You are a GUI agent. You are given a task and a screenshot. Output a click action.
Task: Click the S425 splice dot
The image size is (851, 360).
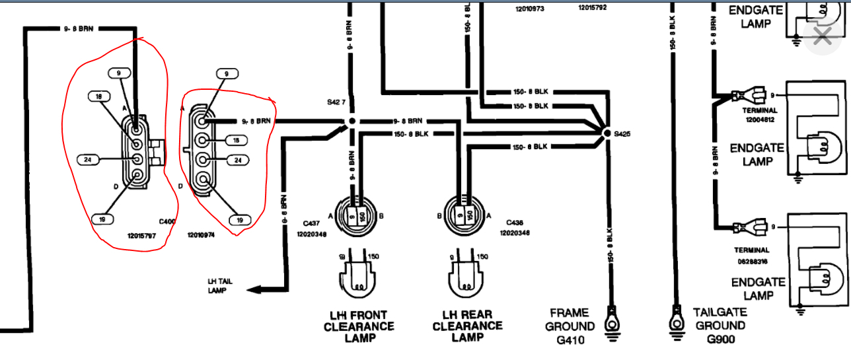[x=607, y=133]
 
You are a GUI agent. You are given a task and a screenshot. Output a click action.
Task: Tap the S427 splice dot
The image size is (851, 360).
[x=351, y=122]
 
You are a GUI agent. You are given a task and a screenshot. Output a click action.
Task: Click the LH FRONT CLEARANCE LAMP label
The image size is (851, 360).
[x=359, y=327]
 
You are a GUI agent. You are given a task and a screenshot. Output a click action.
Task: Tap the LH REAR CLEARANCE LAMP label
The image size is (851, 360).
[x=467, y=327]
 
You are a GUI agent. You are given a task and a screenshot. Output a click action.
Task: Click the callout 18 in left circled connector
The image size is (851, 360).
[x=99, y=96]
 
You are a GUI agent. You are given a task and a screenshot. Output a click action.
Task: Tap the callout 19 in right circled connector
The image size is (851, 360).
[x=240, y=221]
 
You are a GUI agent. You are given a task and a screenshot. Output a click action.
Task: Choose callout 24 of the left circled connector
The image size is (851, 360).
[x=88, y=159]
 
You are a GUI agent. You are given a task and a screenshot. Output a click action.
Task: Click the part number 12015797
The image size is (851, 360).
[x=141, y=235]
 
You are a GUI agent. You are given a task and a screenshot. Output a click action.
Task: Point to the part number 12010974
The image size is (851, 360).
[x=201, y=235]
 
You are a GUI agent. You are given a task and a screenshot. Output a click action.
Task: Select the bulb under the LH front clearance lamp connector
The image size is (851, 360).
[x=359, y=277]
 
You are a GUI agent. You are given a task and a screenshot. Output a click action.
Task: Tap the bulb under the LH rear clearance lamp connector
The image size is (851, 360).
[x=467, y=277]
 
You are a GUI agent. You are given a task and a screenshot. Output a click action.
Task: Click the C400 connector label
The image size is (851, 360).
[x=167, y=222]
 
